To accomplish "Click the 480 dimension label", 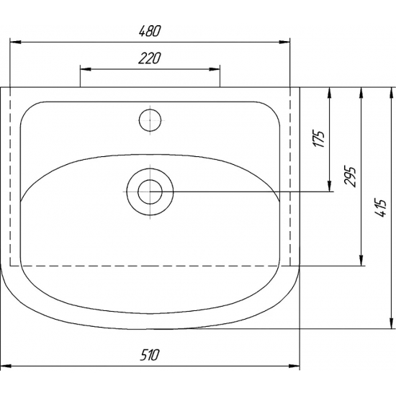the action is [x=150, y=31].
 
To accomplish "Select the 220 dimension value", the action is [x=150, y=58].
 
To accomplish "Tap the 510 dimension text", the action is [x=150, y=354].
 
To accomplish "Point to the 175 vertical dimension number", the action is [x=319, y=139].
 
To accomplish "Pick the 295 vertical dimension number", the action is [x=351, y=176].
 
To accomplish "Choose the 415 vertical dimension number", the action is [x=381, y=208].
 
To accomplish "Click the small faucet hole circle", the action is [x=150, y=120].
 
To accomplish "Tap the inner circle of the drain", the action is [x=150, y=192].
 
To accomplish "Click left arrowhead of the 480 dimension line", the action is [x=15, y=42].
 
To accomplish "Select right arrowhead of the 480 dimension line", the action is [x=284, y=42].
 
